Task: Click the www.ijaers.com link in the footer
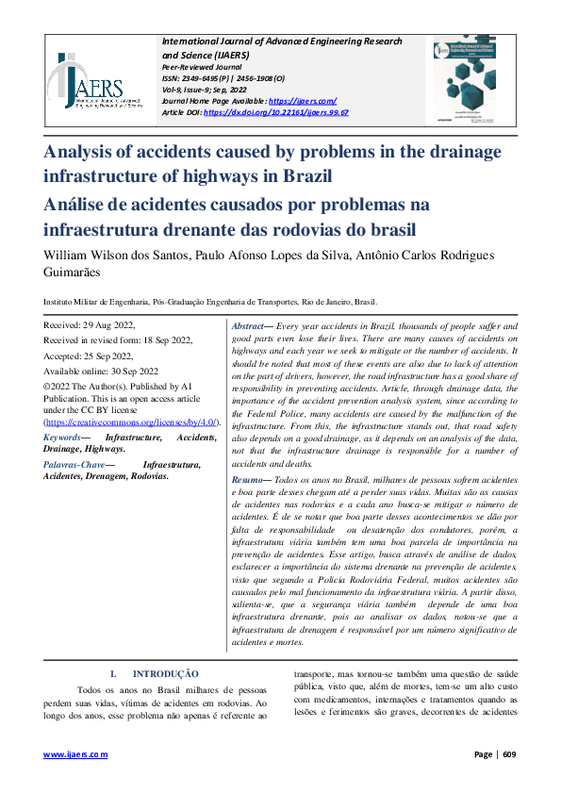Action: [76, 754]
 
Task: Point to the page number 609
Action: [509, 754]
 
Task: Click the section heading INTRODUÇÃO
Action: [165, 674]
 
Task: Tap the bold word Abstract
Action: [248, 324]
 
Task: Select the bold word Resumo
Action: [248, 480]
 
